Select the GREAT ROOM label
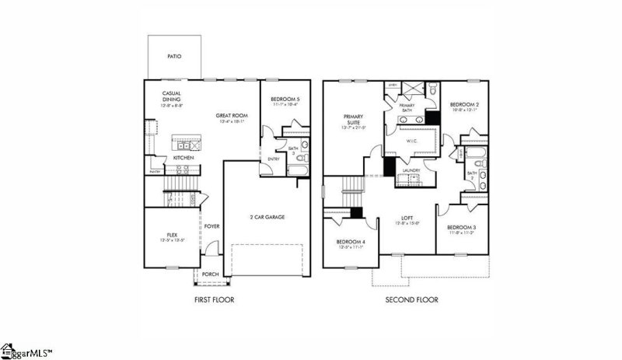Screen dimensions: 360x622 point(231,116)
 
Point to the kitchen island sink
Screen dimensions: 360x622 point(184,145)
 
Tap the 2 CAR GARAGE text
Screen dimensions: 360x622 point(266,216)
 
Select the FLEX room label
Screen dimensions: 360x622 point(172,234)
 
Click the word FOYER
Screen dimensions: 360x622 point(212,226)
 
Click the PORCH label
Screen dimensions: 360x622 point(209,274)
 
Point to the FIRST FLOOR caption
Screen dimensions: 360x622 point(213,299)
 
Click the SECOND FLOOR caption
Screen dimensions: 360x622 point(411,299)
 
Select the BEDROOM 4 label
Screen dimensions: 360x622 point(350,242)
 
